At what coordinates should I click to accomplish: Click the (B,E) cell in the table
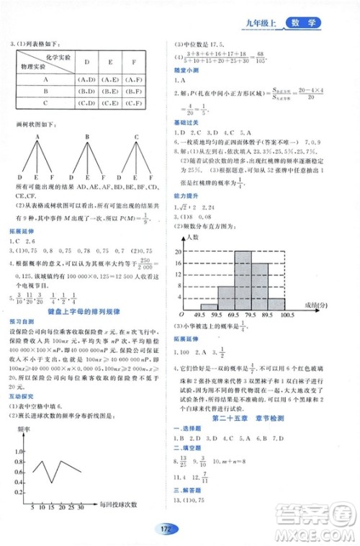click(x=109, y=91)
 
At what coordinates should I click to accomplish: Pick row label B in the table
click(x=45, y=91)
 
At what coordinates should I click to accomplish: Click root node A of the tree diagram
click(x=35, y=137)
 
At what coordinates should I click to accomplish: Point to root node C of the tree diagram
click(x=135, y=137)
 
